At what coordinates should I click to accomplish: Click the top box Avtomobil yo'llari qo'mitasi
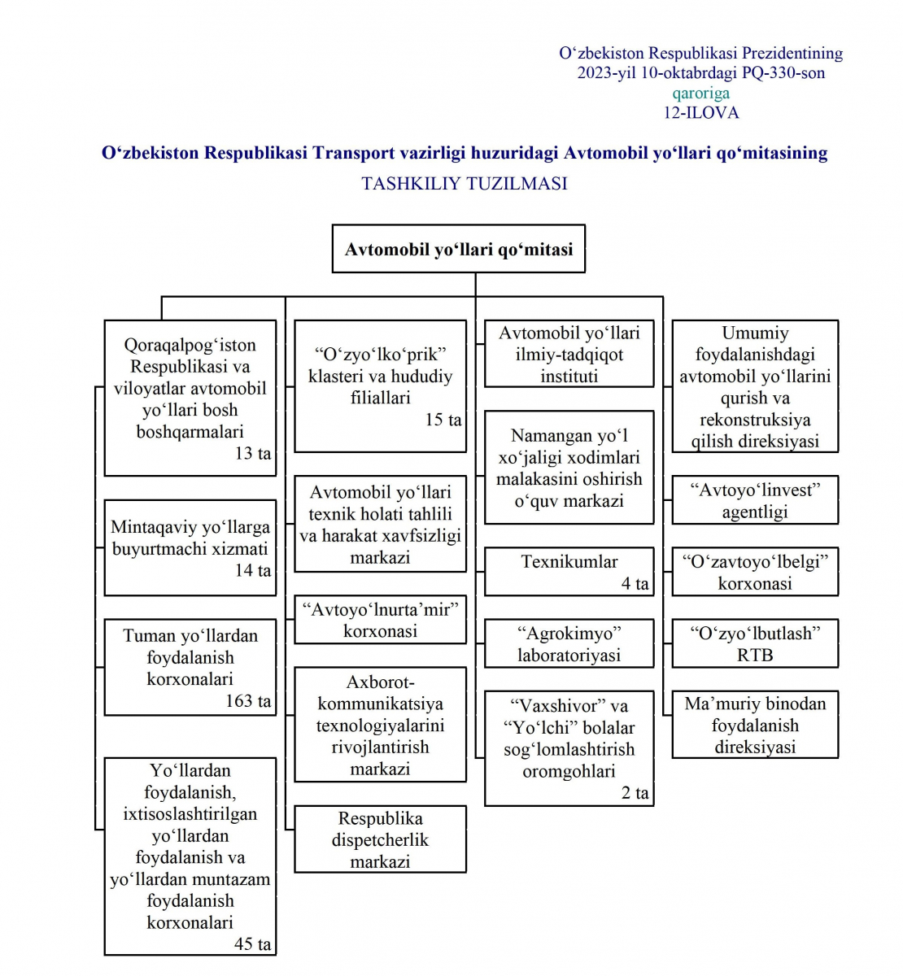(x=459, y=249)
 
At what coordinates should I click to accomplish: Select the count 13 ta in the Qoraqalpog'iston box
(x=253, y=454)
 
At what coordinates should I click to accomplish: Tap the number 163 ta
(x=248, y=701)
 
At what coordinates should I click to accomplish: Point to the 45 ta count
(x=252, y=944)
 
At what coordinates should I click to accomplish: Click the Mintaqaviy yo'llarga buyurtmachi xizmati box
(x=190, y=548)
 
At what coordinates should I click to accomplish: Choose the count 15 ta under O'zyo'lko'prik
(x=443, y=420)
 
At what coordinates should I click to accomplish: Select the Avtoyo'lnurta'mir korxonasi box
(x=380, y=620)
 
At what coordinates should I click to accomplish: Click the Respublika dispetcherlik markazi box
(x=380, y=839)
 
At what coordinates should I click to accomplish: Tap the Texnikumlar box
(x=569, y=572)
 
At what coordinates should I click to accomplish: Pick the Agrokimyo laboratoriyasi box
(x=569, y=644)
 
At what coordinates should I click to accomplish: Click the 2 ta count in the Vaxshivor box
(x=635, y=793)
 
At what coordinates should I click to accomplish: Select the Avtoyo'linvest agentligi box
(x=755, y=500)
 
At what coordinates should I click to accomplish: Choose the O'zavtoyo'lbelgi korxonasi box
(x=755, y=572)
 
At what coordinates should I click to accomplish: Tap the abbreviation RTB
(x=755, y=656)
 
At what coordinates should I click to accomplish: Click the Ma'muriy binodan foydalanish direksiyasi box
(x=755, y=725)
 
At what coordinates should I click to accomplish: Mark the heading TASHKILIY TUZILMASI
(x=465, y=184)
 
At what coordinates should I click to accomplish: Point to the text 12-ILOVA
(x=700, y=113)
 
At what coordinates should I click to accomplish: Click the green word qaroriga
(x=700, y=93)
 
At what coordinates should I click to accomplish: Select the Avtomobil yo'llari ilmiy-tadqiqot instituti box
(x=569, y=354)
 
